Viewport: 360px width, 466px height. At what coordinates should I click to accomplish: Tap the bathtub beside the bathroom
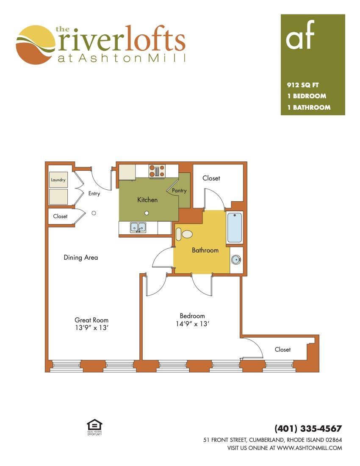[x=234, y=227]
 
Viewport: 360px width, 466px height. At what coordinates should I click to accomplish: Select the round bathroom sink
[x=236, y=260]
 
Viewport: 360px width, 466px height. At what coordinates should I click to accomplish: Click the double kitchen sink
[x=138, y=227]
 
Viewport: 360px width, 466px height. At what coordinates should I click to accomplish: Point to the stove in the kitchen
[x=157, y=171]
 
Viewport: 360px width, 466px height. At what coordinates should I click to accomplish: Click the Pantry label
[x=179, y=191]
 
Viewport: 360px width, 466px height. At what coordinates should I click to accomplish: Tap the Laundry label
[x=58, y=180]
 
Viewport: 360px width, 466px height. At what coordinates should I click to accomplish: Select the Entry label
[x=94, y=194]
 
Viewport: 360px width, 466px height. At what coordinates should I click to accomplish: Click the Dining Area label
[x=81, y=258]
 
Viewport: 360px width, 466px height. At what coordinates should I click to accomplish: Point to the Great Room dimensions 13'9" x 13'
[x=91, y=328]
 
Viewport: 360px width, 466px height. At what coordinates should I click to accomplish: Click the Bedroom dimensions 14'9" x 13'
[x=192, y=324]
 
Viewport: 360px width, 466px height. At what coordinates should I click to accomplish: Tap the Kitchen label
[x=147, y=200]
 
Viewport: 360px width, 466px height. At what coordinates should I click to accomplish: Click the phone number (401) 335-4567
[x=308, y=428]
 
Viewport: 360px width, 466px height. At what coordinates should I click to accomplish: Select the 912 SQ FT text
[x=303, y=85]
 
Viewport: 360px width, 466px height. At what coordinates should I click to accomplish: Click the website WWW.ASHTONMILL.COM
[x=310, y=448]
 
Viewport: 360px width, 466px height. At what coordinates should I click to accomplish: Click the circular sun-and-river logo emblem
[x=36, y=45]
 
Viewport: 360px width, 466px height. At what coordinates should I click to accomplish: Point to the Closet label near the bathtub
[x=211, y=178]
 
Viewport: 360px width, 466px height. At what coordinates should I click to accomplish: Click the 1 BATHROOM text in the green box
[x=309, y=107]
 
